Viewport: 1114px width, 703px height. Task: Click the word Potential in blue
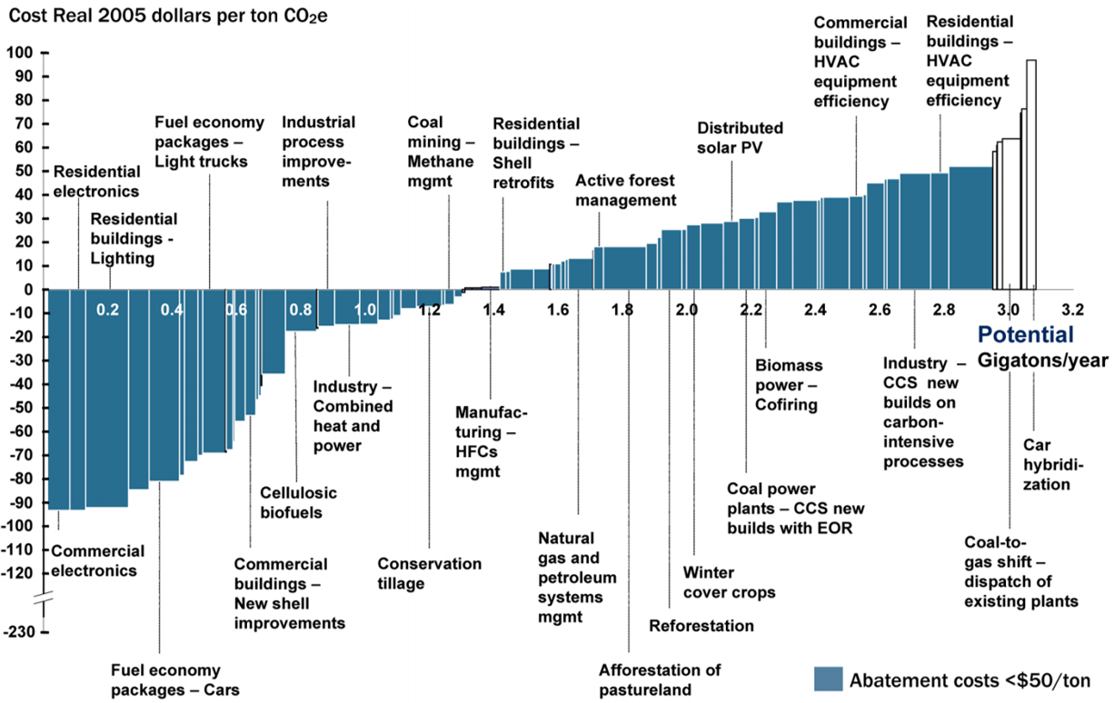[x=1026, y=335]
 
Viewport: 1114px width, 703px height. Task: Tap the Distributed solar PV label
[x=740, y=137]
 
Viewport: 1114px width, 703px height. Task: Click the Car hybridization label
[x=1047, y=464]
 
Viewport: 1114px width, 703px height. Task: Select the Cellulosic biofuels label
[x=298, y=502]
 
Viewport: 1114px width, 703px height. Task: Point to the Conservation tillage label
[x=429, y=573]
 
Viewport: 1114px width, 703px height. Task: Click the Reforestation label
[x=701, y=626]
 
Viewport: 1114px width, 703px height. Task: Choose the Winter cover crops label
[x=729, y=582]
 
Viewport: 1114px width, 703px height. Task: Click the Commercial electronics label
[x=97, y=560]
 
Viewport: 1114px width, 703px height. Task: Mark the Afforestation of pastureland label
[x=660, y=679]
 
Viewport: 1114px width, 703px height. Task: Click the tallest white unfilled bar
[x=1031, y=173]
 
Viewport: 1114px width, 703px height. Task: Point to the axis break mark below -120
[x=44, y=599]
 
